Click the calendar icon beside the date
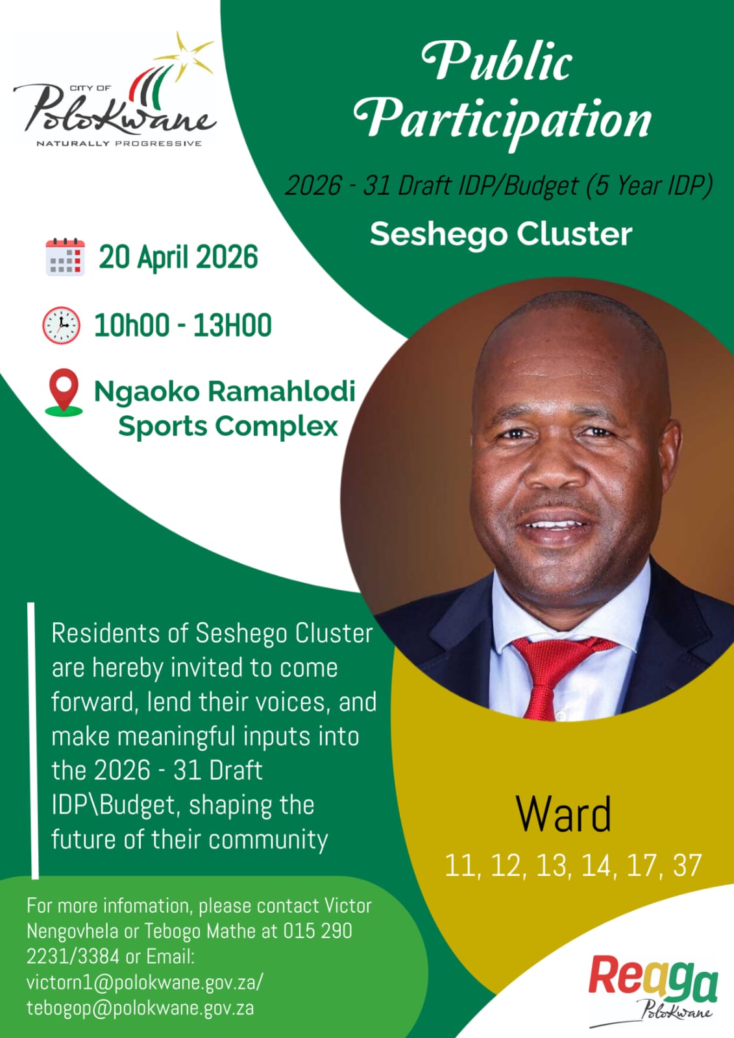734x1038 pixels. click(x=66, y=257)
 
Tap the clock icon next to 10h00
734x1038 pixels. click(x=61, y=325)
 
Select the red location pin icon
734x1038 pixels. click(x=64, y=392)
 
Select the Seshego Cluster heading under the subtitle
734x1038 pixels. click(x=501, y=234)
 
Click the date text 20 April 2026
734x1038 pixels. click(x=178, y=257)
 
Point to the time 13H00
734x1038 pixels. click(x=232, y=325)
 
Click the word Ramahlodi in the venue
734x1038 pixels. click(x=282, y=391)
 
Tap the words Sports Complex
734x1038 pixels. click(x=228, y=426)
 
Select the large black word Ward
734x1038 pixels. click(x=563, y=814)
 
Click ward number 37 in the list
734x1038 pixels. click(x=687, y=865)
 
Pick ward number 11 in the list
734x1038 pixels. click(x=460, y=865)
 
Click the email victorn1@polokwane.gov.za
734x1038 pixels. click(x=145, y=982)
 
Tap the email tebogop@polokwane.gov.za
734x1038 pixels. click(x=140, y=1008)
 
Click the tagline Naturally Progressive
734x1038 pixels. click(x=119, y=143)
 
